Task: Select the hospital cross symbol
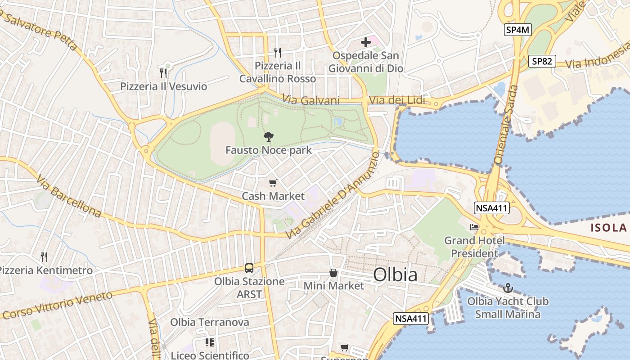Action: tap(366, 43)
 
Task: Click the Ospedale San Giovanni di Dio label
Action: tap(365, 62)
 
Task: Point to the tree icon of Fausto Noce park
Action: tap(269, 136)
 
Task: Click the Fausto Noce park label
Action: tap(268, 150)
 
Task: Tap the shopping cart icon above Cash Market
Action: tap(273, 183)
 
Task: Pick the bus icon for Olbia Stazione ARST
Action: tap(249, 268)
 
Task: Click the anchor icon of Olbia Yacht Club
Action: tap(508, 288)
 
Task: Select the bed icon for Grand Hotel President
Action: tap(474, 227)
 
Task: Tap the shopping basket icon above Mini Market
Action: tap(333, 273)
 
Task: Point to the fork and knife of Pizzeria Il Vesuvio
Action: tap(163, 72)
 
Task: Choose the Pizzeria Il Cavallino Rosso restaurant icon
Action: tap(278, 53)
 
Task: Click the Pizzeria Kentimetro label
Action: tap(45, 270)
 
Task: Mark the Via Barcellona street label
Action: tap(68, 197)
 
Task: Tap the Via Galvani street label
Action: tap(311, 100)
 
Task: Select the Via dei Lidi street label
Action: tap(396, 100)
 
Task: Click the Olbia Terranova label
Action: tap(210, 322)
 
